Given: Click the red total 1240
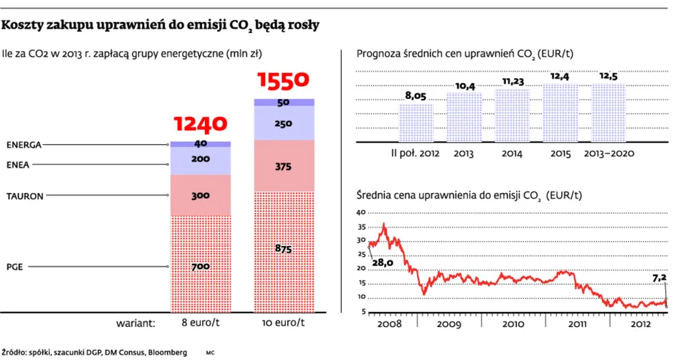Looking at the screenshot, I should (200, 125).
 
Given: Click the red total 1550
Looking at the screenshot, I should (283, 81).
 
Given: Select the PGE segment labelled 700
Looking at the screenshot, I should (200, 266).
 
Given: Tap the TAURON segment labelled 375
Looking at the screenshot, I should (283, 166).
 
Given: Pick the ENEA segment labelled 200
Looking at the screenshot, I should (200, 160).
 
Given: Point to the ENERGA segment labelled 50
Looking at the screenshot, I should (283, 102).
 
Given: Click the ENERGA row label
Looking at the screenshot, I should (24, 144).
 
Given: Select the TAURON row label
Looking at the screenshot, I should (24, 195).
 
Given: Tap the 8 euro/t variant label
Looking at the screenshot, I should (200, 323).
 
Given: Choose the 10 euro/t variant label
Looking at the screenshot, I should (283, 323).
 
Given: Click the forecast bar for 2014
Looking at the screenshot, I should (512, 115).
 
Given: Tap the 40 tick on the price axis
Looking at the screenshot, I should (360, 212).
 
